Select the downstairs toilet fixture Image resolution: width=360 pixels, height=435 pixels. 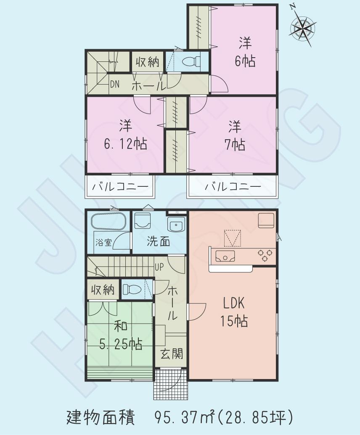coord(133,289)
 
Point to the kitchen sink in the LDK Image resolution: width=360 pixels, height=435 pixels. coord(225,255)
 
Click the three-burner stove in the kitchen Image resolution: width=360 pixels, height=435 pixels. coord(265,254)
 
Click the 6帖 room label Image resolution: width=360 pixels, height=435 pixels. coord(245,61)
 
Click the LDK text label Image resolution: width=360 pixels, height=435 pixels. coord(233,303)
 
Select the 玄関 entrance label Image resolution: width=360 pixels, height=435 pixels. coord(172,354)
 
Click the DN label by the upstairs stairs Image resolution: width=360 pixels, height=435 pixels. coord(115,84)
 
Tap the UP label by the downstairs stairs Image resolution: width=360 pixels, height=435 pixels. coord(159,266)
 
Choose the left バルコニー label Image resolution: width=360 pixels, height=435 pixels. coord(120,186)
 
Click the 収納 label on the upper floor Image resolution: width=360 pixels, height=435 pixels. coord(147,62)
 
